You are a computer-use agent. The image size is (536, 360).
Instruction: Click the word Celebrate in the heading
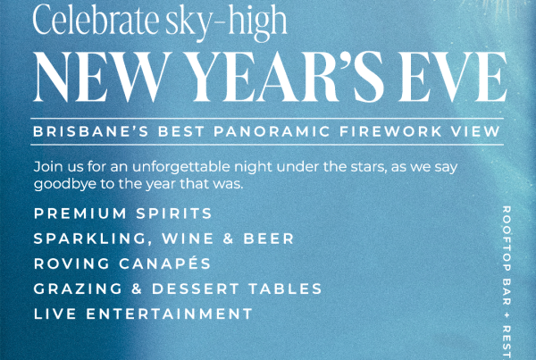[x=96, y=20]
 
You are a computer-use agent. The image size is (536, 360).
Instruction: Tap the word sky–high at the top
[x=226, y=23]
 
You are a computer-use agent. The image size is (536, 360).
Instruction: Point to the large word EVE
[x=452, y=77]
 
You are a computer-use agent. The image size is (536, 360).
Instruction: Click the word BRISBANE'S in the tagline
[x=91, y=131]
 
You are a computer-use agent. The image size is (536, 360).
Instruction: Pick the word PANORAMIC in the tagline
[x=272, y=131]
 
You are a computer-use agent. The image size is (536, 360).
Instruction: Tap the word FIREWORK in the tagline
[x=390, y=131]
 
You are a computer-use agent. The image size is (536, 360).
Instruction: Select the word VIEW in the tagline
[x=475, y=131]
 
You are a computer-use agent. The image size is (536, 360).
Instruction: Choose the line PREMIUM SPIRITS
[x=123, y=213]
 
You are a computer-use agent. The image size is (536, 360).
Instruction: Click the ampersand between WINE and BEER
[x=229, y=239]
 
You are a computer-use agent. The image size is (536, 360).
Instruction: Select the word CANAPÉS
[x=165, y=263]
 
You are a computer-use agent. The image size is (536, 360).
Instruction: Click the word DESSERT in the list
[x=196, y=289]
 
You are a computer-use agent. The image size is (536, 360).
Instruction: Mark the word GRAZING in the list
[x=78, y=289]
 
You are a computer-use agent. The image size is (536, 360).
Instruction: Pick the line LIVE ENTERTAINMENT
[x=143, y=314]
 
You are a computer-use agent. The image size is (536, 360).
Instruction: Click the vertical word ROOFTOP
[x=507, y=239]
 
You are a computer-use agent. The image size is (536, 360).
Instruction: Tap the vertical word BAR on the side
[x=507, y=291]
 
